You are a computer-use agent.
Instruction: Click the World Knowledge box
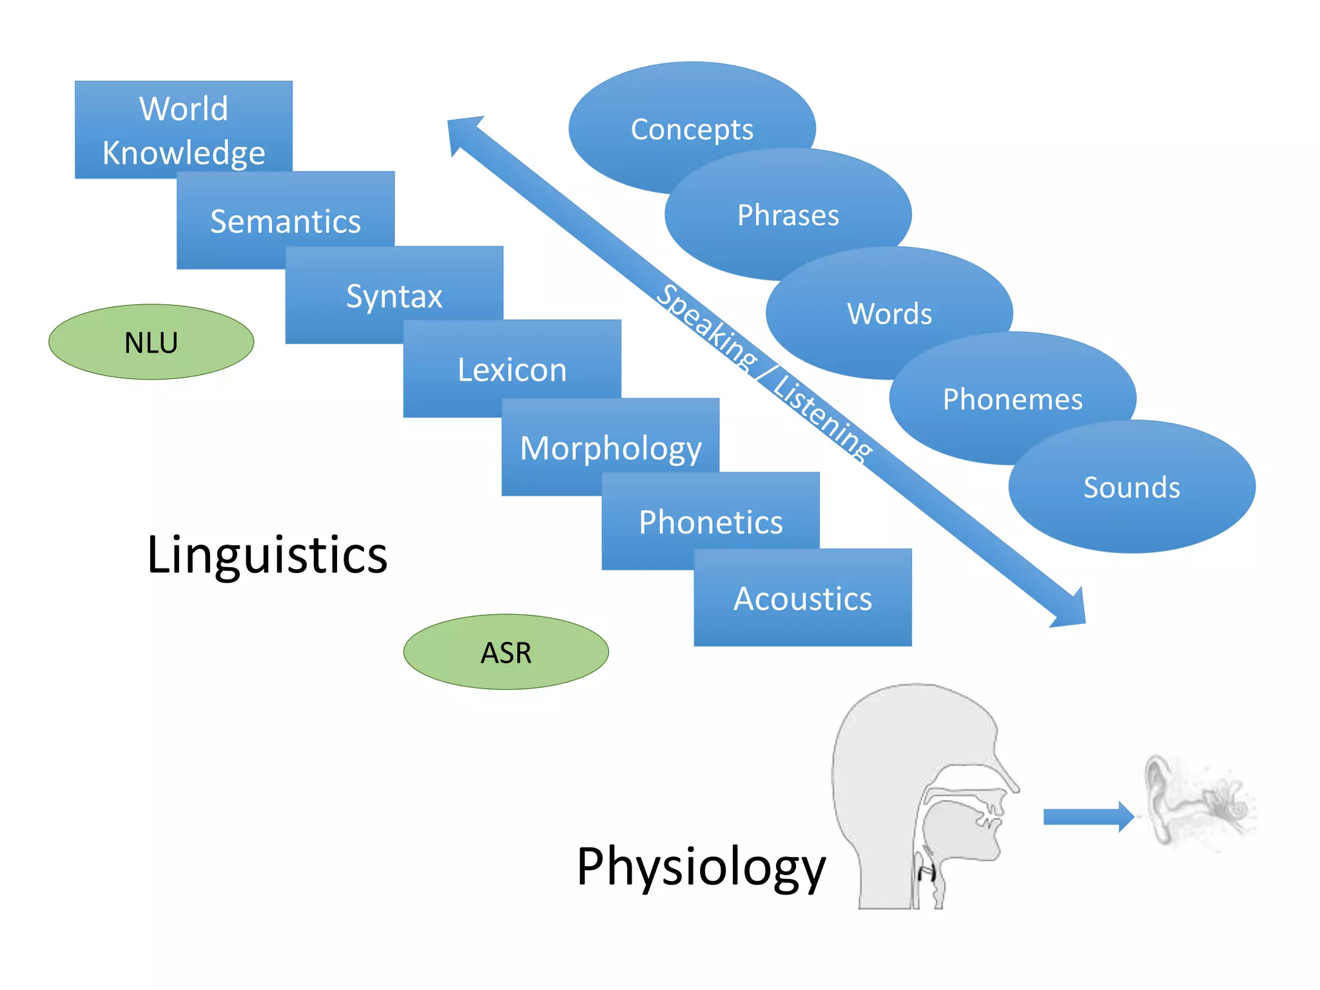(184, 130)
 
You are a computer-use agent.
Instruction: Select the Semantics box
(286, 221)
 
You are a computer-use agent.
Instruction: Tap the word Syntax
(394, 296)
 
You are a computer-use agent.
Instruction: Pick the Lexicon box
(512, 369)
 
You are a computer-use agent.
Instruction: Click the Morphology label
(610, 448)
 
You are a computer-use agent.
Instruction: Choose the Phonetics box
(710, 521)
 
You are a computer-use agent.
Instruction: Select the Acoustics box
(802, 598)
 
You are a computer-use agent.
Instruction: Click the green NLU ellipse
(151, 342)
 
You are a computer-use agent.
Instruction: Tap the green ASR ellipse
(506, 652)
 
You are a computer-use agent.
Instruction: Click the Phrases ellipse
(788, 215)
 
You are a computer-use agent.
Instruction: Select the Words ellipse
(889, 313)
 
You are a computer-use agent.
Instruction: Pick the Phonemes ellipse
(1012, 399)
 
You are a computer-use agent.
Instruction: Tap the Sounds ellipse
(1132, 487)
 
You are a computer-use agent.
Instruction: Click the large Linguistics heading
(267, 554)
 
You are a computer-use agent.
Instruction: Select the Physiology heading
(701, 866)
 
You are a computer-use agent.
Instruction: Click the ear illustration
(1192, 802)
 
